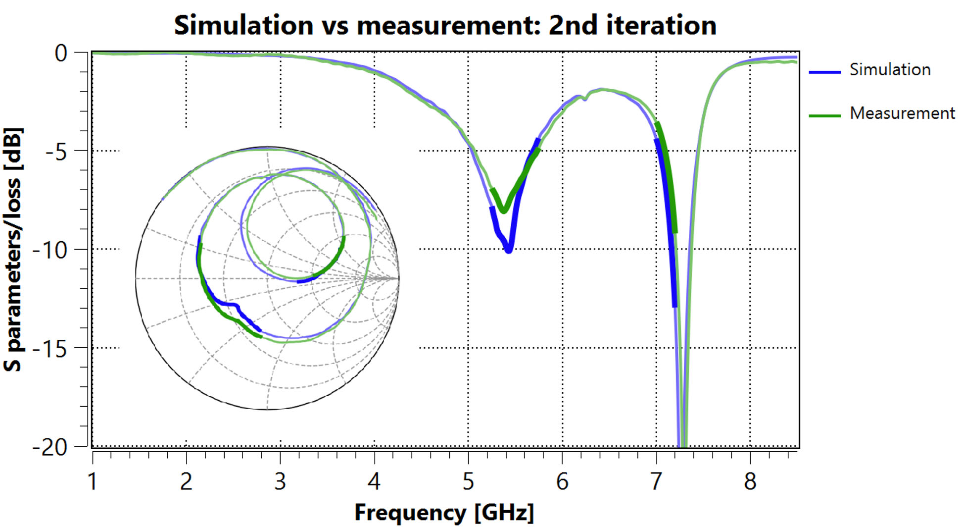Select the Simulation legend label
pos(890,69)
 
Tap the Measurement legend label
pos(902,113)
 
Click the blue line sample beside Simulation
pos(824,72)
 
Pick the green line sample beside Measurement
pos(824,115)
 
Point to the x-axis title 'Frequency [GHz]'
pos(444,512)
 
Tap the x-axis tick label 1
pos(93,481)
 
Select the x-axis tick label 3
pos(280,481)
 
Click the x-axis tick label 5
pos(468,481)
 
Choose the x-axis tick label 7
pos(656,481)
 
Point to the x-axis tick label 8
pos(750,481)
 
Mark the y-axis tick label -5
pos(55,152)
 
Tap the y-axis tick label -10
pos(49,250)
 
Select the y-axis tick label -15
pos(49,349)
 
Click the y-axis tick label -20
pos(49,447)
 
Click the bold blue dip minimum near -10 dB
pos(508,251)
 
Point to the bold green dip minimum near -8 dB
pos(503,211)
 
